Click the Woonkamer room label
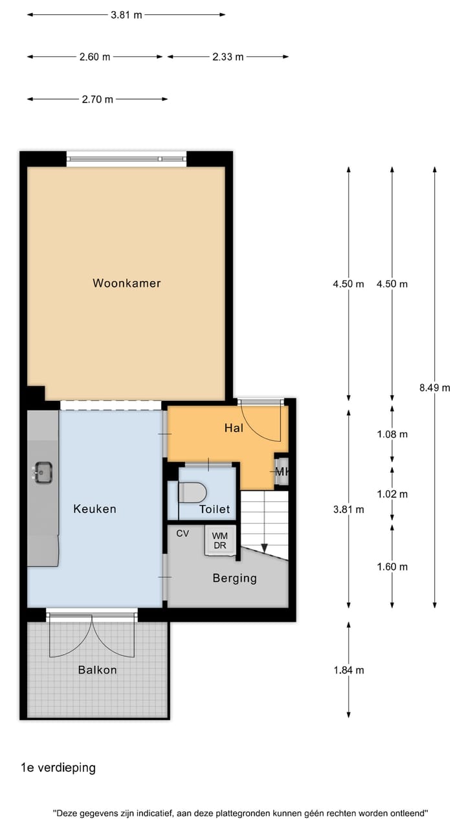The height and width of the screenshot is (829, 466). pyautogui.click(x=126, y=283)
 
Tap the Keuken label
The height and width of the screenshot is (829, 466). pyautogui.click(x=94, y=509)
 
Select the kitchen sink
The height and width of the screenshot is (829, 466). pyautogui.click(x=43, y=472)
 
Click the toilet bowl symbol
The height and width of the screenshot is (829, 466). pyautogui.click(x=192, y=492)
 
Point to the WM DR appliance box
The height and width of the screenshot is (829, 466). pyautogui.click(x=219, y=540)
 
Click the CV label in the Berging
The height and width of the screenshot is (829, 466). pyautogui.click(x=183, y=534)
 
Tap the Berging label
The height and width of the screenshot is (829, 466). pyautogui.click(x=234, y=578)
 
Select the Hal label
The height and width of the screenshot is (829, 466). pyautogui.click(x=234, y=428)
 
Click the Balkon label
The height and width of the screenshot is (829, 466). pyautogui.click(x=98, y=670)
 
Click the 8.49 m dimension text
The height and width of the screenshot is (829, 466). pyautogui.click(x=434, y=388)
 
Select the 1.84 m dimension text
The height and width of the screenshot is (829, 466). pyautogui.click(x=349, y=670)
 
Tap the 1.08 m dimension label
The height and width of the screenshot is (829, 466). pyautogui.click(x=392, y=435)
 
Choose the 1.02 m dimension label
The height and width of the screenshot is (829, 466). pyautogui.click(x=392, y=494)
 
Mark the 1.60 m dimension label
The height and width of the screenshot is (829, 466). pyautogui.click(x=392, y=567)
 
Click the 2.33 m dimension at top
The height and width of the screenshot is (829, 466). pyautogui.click(x=228, y=57)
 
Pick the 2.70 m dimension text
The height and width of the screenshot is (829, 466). pyautogui.click(x=98, y=99)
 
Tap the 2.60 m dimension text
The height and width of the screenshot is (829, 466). pyautogui.click(x=94, y=57)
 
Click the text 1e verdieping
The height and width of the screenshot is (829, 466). pyautogui.click(x=58, y=768)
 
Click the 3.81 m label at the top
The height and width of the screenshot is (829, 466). pyautogui.click(x=126, y=15)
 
